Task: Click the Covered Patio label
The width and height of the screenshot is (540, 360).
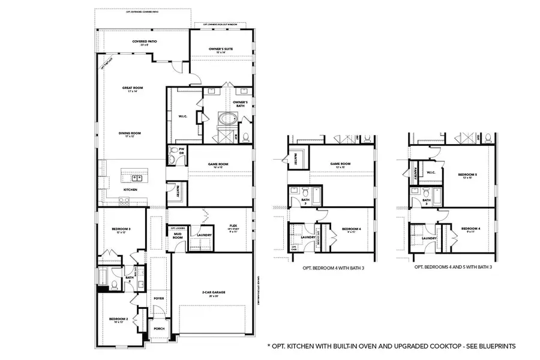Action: click(x=144, y=43)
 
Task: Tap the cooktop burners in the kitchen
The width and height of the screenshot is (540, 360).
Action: click(x=124, y=202)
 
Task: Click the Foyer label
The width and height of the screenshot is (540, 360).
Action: click(x=158, y=298)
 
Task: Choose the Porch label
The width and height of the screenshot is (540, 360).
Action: click(x=159, y=329)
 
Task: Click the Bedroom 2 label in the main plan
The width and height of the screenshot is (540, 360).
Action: click(x=118, y=320)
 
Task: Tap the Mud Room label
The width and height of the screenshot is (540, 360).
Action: click(x=178, y=236)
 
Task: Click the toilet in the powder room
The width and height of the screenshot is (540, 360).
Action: click(x=173, y=150)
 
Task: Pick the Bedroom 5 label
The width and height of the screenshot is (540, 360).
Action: click(x=467, y=175)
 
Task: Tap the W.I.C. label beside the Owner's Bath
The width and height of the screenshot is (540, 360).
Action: click(x=184, y=116)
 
